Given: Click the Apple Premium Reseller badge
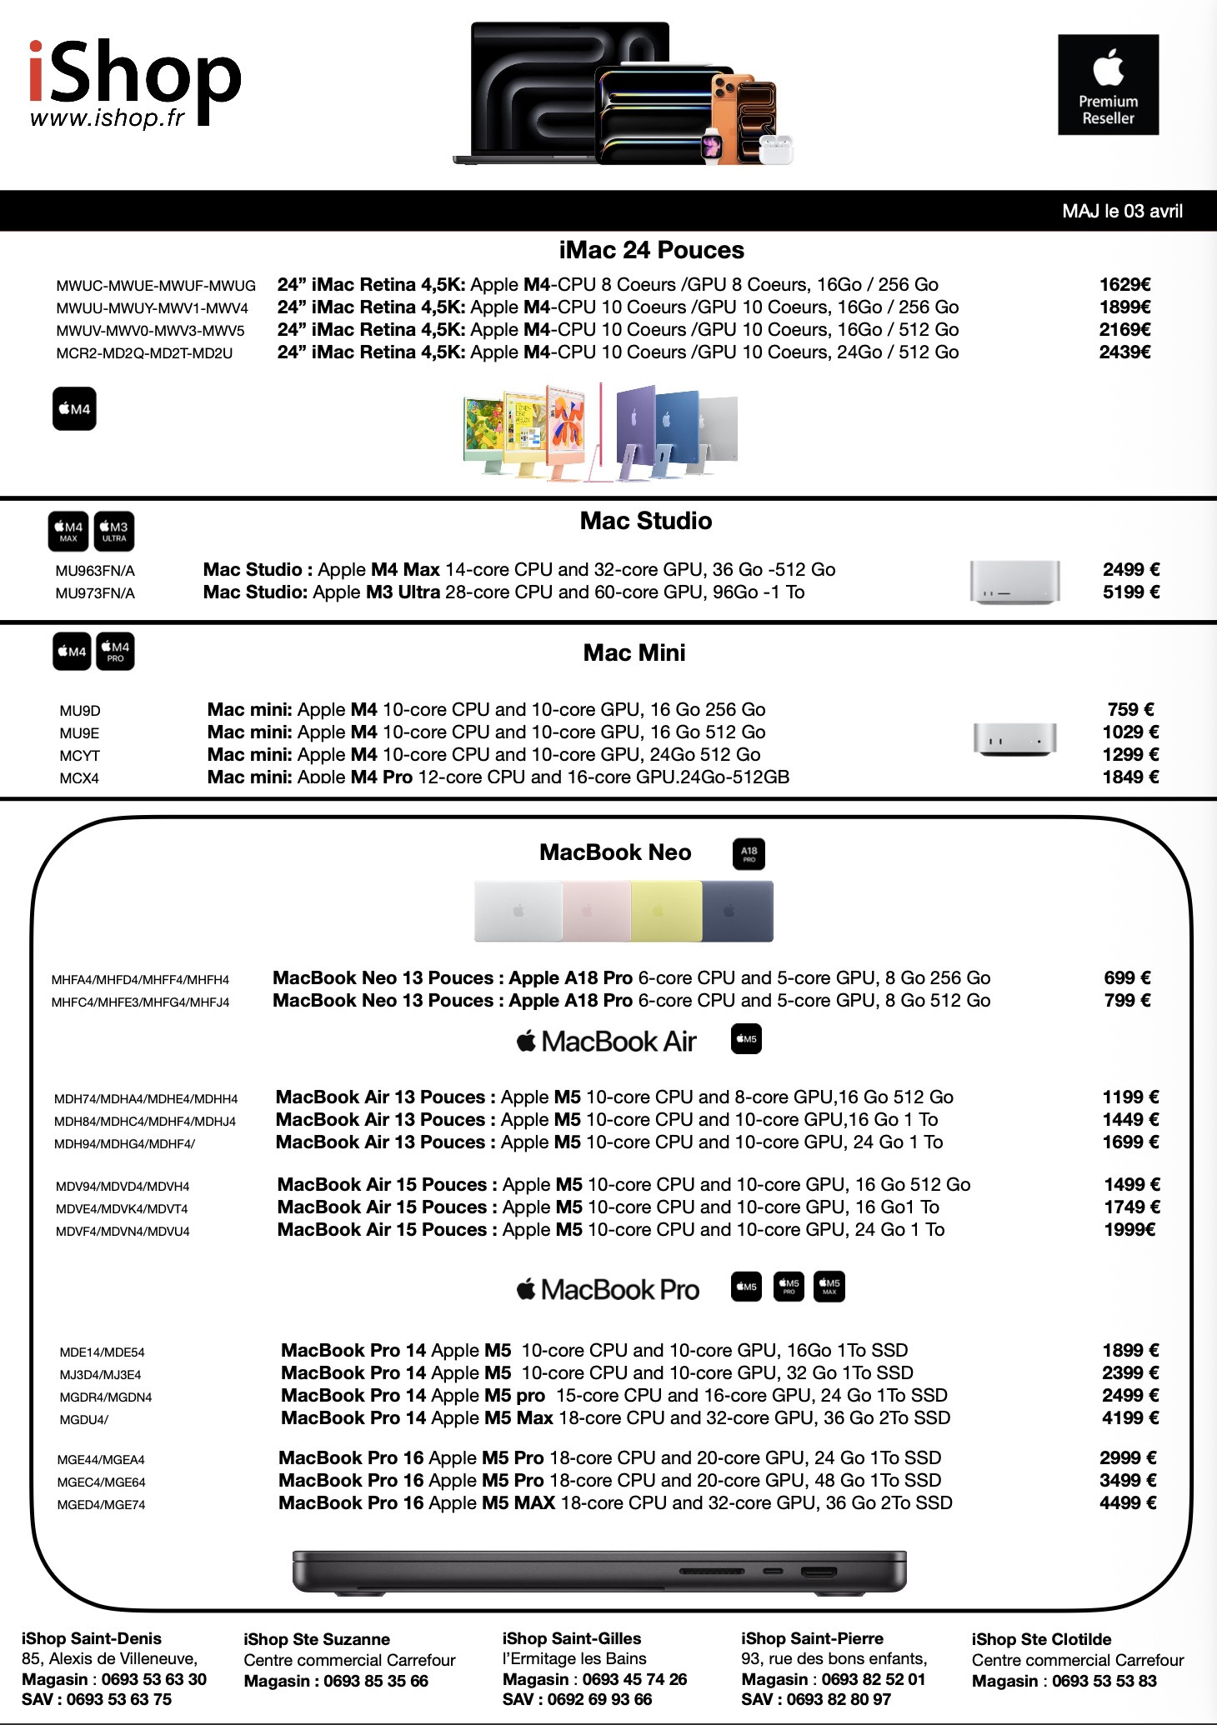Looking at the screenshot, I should point(1108,85).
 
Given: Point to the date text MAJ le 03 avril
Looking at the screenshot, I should point(1122,212).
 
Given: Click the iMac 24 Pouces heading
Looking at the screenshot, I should point(651,250).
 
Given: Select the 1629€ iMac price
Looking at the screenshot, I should point(1124,285).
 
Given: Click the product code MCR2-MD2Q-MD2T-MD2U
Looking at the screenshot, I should point(144,353).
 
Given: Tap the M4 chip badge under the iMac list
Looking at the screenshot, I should point(74,408).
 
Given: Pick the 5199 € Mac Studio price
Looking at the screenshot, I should point(1130,592).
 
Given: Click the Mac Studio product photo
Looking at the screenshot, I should point(1014,582).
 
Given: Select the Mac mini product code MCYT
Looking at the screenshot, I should point(79,756).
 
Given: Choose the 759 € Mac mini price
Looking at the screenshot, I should point(1130,710).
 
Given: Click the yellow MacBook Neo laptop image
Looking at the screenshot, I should point(666,912).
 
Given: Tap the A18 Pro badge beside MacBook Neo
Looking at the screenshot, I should point(749,854).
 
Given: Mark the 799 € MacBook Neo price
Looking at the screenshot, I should point(1127,1001).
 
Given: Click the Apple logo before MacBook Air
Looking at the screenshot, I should point(526,1041).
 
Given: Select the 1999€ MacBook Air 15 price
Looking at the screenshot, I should point(1129,1230).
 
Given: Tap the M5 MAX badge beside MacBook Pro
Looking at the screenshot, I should point(829,1287).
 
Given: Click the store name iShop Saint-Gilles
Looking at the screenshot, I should point(572,1638).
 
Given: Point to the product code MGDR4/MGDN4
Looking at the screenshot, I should point(106,1397).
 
